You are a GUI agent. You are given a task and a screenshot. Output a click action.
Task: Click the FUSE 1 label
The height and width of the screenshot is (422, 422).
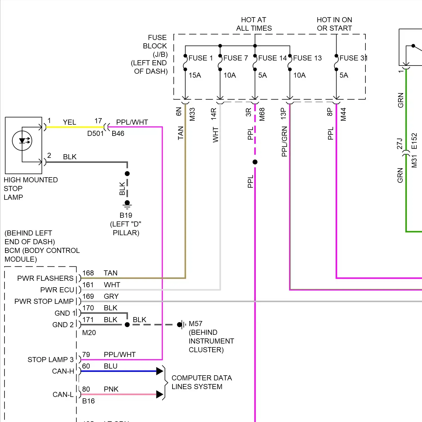tap(201, 58)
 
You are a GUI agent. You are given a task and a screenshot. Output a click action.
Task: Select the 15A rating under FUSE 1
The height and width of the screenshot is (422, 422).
tap(195, 75)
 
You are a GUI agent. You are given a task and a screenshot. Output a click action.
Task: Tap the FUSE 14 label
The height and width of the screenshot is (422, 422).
tap(272, 58)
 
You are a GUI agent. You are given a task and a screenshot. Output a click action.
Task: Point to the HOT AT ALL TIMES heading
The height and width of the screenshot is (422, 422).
tap(254, 24)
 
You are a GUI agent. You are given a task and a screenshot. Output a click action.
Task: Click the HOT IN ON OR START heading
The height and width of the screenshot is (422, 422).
tap(334, 24)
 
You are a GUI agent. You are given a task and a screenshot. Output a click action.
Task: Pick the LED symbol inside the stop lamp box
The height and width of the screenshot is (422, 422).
tap(22, 141)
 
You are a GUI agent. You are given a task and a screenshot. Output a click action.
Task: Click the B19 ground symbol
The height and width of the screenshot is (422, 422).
tap(127, 205)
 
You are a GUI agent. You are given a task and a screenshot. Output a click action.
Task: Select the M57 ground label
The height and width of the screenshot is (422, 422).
tap(196, 324)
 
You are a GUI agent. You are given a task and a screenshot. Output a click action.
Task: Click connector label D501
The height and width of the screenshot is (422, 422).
tap(95, 134)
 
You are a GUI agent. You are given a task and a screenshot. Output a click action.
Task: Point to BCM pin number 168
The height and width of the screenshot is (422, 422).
tap(88, 273)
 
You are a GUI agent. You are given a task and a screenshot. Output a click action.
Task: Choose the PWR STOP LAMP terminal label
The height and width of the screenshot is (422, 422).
tap(44, 302)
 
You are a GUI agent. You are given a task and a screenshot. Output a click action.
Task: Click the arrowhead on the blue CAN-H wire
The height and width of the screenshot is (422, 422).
tap(160, 371)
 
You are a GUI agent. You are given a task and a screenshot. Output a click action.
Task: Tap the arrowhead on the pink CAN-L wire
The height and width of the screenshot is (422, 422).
tap(160, 394)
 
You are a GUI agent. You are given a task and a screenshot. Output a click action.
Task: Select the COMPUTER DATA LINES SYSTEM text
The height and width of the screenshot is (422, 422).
tap(202, 382)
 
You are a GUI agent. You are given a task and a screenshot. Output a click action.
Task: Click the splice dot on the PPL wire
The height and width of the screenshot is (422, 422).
tap(255, 162)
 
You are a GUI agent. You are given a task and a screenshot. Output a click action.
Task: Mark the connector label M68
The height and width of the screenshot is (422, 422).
tap(262, 114)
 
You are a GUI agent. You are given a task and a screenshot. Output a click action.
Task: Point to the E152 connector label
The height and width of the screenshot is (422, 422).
tap(414, 141)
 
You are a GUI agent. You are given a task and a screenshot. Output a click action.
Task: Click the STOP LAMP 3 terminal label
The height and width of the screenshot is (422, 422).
tap(50, 360)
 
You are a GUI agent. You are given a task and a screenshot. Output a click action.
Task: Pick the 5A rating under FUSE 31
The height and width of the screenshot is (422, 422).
tap(344, 75)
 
